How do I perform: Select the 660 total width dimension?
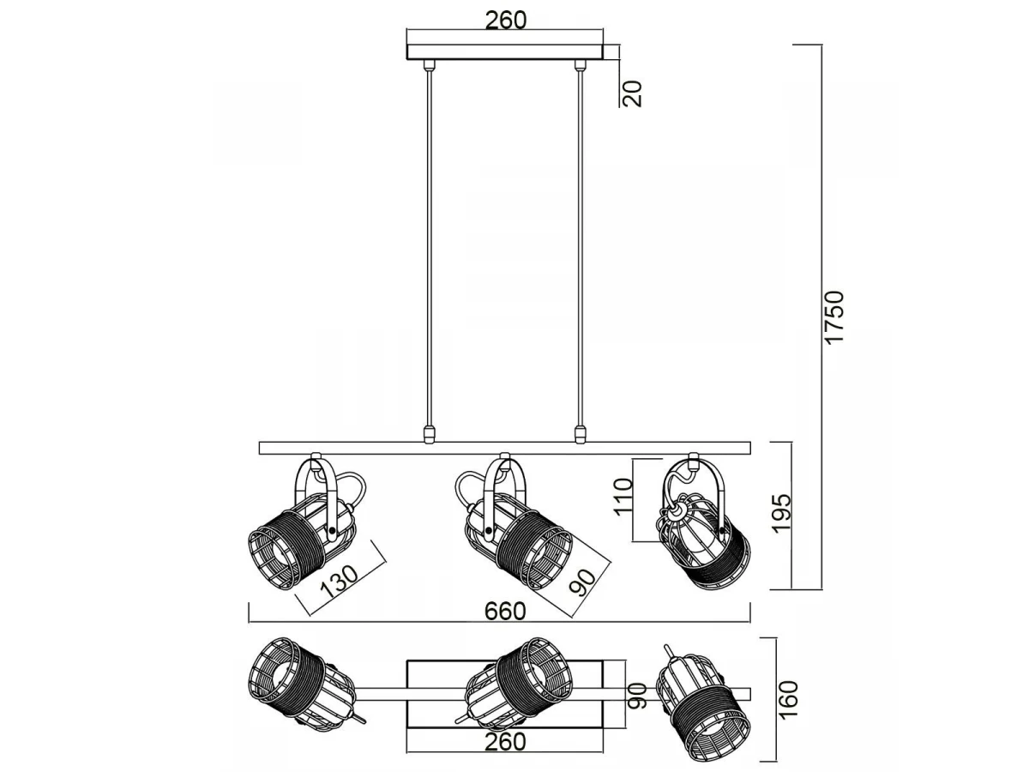[505, 612]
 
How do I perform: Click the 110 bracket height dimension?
[623, 498]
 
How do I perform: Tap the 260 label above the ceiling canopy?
[505, 20]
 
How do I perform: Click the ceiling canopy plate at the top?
[505, 47]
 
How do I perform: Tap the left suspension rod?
[428, 249]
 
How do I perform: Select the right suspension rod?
[581, 249]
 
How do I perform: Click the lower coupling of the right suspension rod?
[581, 433]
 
